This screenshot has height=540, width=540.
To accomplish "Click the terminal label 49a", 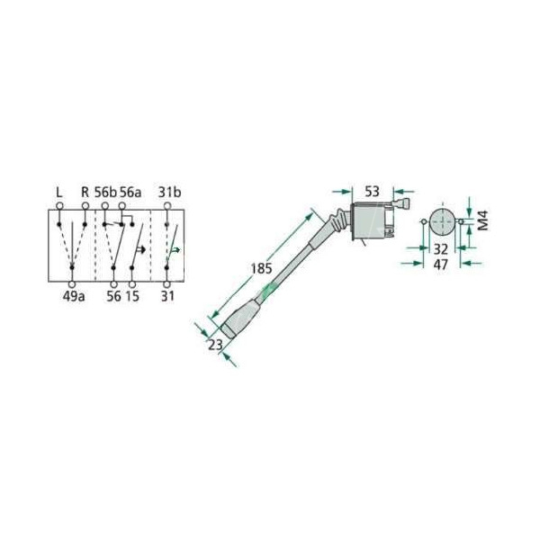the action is (74, 296).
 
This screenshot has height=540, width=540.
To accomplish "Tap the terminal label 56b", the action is (105, 193).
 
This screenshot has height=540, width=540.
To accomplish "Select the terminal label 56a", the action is (130, 193).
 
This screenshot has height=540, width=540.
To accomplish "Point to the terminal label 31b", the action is (169, 193).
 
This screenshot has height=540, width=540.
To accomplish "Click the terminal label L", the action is (59, 193).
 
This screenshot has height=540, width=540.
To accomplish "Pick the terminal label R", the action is (85, 193).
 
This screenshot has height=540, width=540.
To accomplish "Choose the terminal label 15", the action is (132, 296).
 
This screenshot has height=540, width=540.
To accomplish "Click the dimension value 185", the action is (261, 268).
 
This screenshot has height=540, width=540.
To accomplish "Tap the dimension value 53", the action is (372, 192).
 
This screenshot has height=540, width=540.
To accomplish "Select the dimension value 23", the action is (216, 345).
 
